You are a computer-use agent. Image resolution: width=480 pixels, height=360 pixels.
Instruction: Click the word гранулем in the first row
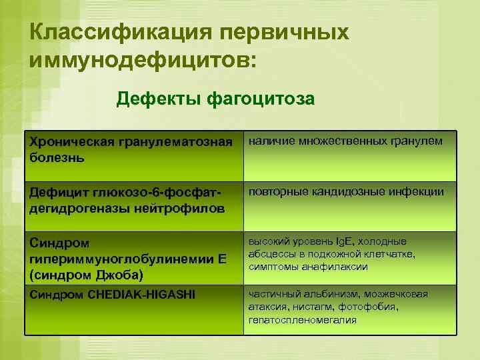(417, 141)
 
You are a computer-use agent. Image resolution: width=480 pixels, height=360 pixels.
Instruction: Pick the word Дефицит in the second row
(55, 193)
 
